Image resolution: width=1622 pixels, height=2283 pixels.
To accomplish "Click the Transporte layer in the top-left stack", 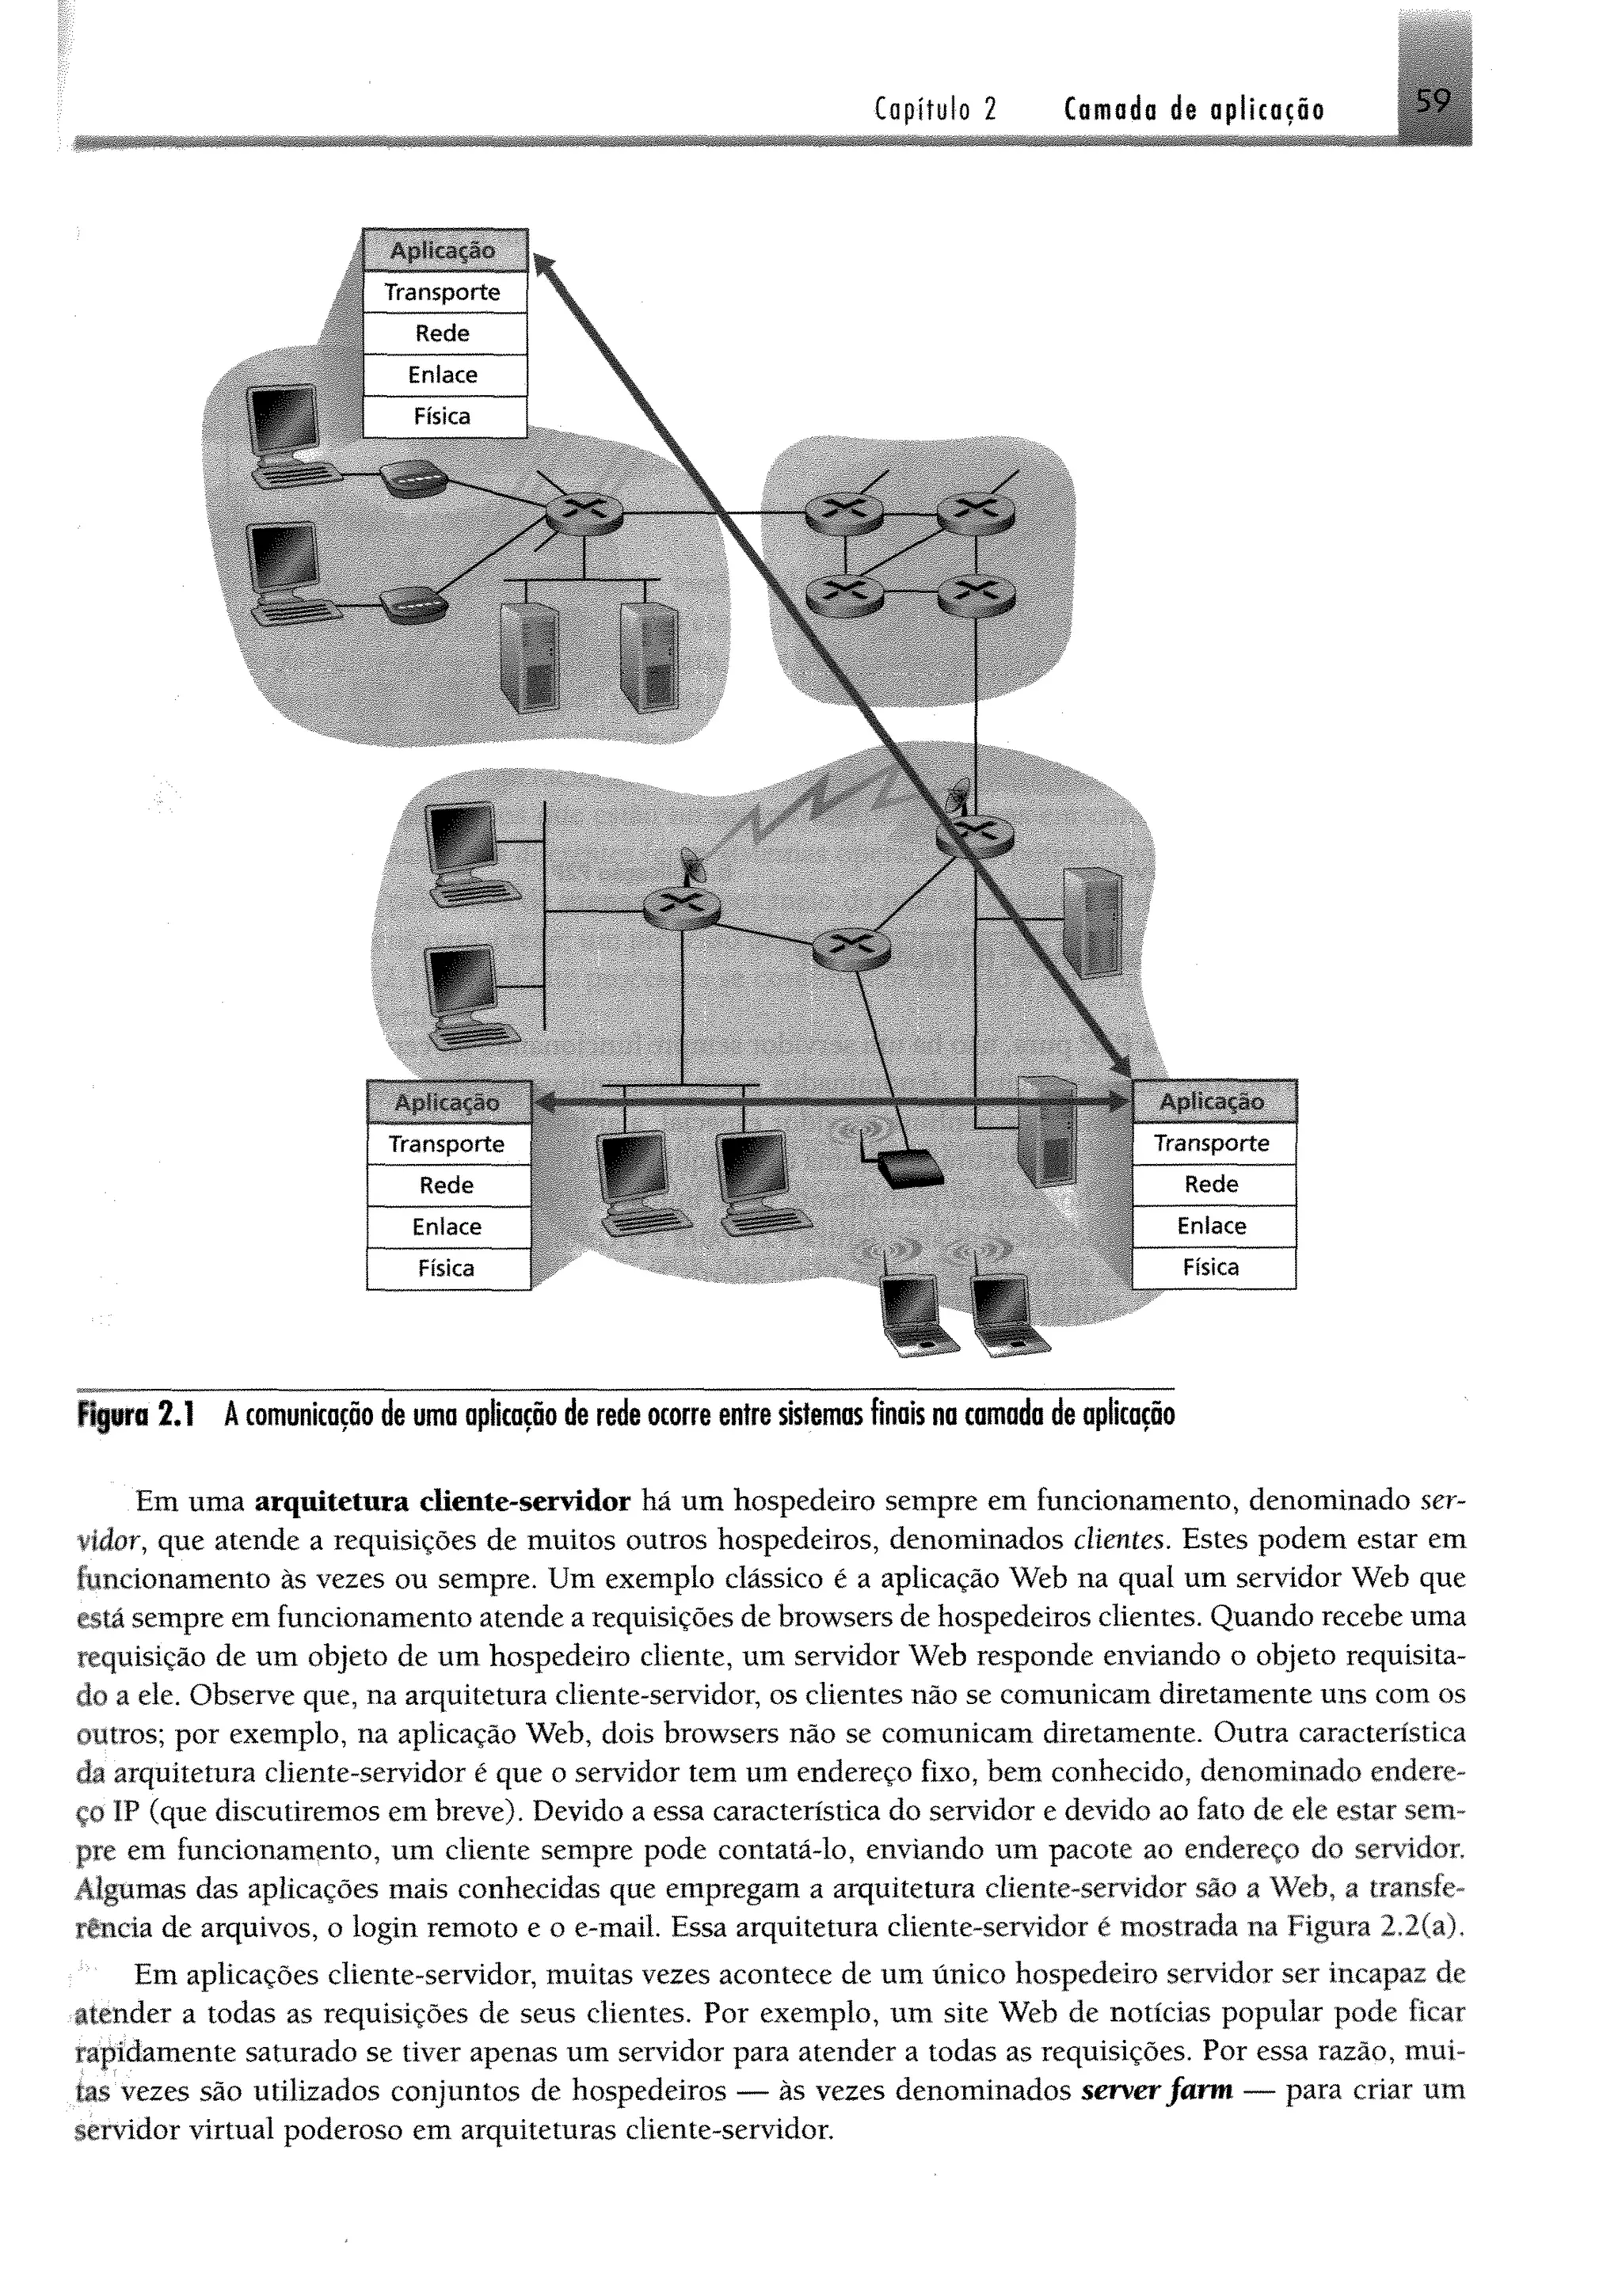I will pyautogui.click(x=443, y=293).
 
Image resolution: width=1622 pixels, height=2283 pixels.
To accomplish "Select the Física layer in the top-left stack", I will pyautogui.click(x=443, y=417).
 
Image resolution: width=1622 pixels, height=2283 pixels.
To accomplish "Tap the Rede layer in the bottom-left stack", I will pyautogui.click(x=447, y=1185).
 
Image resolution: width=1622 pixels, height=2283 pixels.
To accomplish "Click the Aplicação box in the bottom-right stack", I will pyautogui.click(x=1212, y=1102).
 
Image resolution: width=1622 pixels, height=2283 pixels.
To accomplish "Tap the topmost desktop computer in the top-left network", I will pyautogui.click(x=284, y=437).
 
